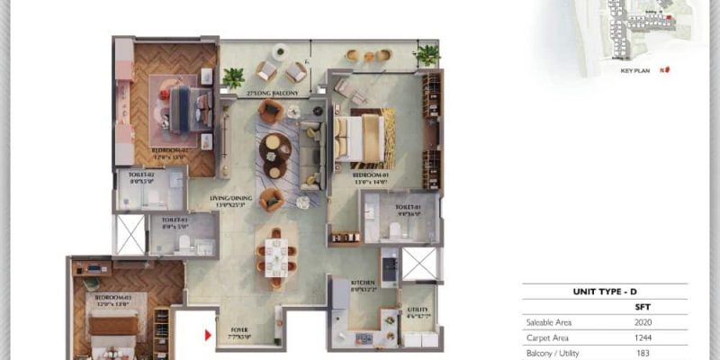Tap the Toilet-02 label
point(141,175)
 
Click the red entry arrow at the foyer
point(209,336)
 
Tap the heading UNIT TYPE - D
point(604,292)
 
